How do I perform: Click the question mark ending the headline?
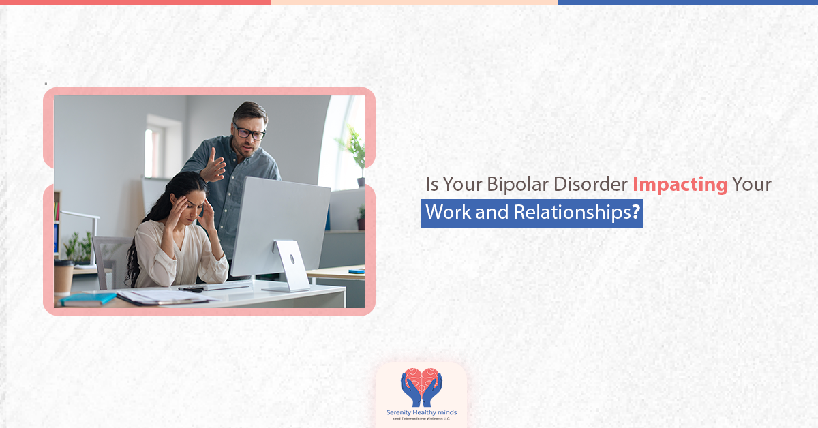pos(635,213)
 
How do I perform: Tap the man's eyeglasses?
pos(249,132)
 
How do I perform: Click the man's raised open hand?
pos(215,166)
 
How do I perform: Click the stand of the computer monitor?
pos(290,266)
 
